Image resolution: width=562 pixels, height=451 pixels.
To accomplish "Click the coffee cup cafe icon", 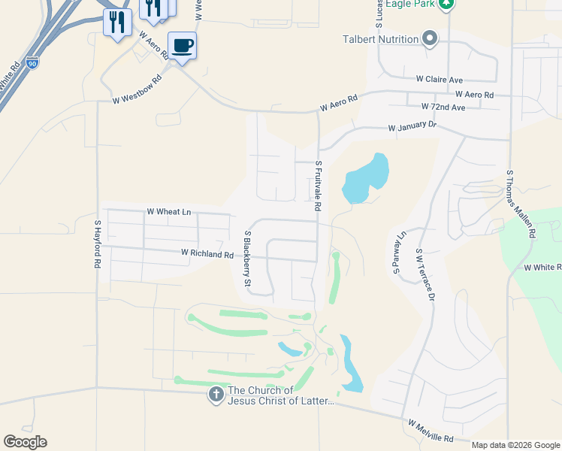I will point(182,46).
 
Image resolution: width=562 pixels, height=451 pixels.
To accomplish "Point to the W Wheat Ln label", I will point(169,212).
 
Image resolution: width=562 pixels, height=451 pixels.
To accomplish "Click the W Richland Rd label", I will point(207,255).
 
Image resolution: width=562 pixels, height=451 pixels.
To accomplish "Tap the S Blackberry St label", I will point(246,259).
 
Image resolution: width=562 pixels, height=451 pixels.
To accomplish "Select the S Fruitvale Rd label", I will point(319,185).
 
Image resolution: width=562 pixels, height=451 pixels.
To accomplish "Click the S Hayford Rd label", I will point(97,245).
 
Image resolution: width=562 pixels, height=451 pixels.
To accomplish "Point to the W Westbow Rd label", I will point(137,89).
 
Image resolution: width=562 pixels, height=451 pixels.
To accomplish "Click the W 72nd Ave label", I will point(443,107).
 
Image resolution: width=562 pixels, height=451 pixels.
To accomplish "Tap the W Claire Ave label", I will point(440,79).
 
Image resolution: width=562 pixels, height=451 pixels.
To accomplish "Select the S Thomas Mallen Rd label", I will point(520,204).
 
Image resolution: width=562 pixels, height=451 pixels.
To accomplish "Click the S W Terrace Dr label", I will point(425,275).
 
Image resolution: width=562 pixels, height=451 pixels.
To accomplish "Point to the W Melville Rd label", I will point(431,431).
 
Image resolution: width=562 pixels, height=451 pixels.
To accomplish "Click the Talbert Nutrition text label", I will point(381,39).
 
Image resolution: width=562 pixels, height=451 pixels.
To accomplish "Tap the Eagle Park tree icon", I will point(447,5).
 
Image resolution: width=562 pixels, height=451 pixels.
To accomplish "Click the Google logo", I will point(25,442).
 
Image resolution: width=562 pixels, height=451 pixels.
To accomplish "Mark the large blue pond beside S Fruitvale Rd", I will point(365,178).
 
